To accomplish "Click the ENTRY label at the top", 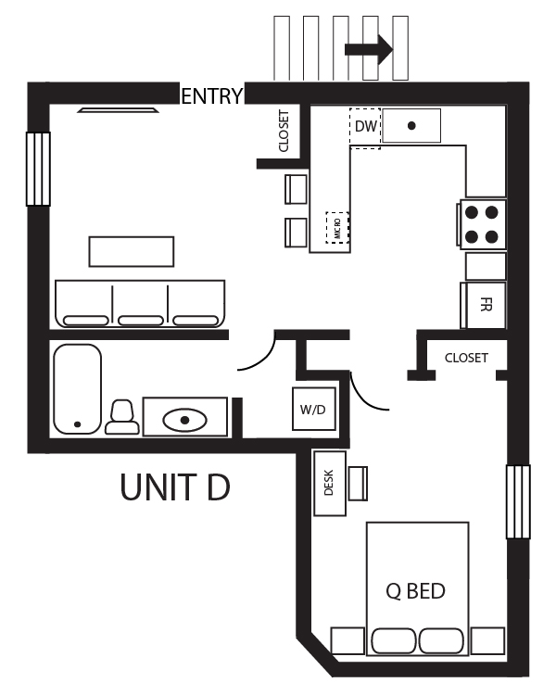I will point(212,95).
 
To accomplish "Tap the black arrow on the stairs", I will point(369,50).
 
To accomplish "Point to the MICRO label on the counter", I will point(337,227).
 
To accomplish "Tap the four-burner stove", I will point(482,223).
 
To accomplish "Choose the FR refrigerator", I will point(485,305).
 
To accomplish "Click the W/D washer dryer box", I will point(312,408).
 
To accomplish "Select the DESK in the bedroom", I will point(329,484).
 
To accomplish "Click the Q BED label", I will point(415,590).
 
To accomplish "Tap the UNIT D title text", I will point(174,487).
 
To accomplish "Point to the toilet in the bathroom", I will point(122,418).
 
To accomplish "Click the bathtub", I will point(77,389).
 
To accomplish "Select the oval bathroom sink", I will point(185,420).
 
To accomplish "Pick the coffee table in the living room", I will point(132,251).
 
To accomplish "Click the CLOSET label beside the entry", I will point(284,131).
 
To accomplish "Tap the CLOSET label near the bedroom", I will point(466,358).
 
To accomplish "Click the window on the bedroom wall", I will point(518,501).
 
